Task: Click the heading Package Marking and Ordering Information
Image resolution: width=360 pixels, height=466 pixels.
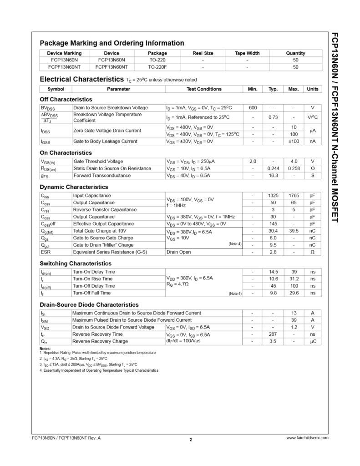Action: tap(112, 43)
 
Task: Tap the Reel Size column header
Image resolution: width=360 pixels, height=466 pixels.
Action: tap(203, 53)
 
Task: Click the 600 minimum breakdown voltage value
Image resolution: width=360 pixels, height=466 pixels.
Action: tap(253, 107)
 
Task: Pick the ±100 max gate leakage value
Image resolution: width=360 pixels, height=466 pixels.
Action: tap(294, 141)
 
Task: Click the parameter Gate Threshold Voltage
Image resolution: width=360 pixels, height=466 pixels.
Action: tap(98, 161)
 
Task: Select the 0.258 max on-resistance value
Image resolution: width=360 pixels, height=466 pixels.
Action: tap(294, 168)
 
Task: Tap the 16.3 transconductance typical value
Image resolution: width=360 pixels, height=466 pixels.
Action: tap(273, 175)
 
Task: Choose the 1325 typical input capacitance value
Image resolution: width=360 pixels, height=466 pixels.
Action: tap(273, 195)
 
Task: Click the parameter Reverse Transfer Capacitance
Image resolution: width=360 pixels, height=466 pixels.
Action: tap(105, 209)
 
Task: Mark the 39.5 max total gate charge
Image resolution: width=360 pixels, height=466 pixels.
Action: tap(294, 231)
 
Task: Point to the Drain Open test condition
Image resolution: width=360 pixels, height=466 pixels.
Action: tap(179, 252)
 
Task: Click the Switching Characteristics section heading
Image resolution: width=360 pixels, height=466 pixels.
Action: tap(76, 263)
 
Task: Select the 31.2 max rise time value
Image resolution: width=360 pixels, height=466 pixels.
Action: tap(294, 279)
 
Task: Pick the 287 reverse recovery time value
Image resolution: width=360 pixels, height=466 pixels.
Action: tap(273, 334)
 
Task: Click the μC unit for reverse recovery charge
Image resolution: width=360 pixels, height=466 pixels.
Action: tap(313, 341)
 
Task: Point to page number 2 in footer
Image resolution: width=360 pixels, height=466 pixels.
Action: tap(191, 440)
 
